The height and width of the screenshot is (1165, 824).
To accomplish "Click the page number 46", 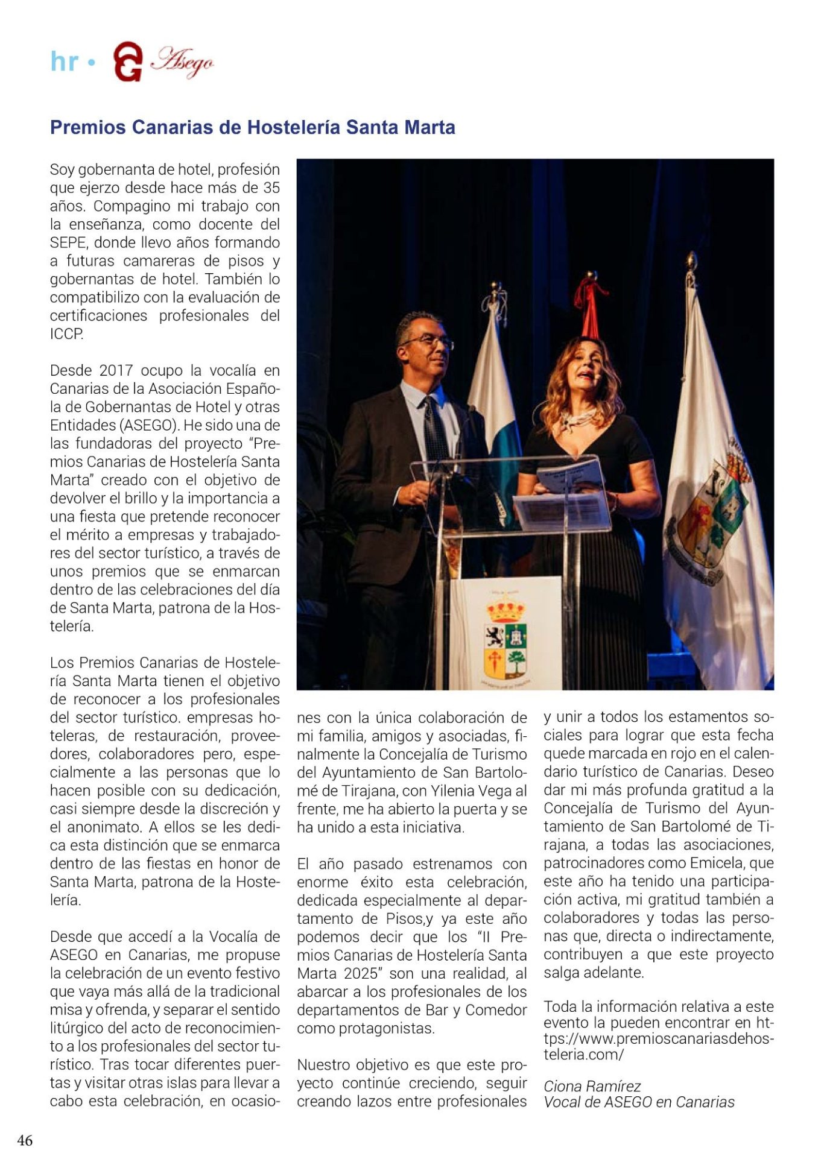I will click(25, 1140).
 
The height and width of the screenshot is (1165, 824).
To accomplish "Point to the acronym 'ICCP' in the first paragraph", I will click(66, 334).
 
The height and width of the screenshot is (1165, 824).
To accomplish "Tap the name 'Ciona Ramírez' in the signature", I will click(592, 1086).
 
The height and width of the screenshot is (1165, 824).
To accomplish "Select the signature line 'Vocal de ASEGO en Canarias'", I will click(639, 1102).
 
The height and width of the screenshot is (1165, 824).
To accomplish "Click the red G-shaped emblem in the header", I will click(128, 62).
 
